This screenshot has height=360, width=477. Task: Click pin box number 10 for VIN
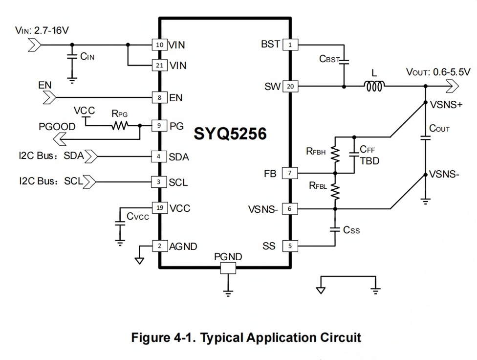pyautogui.click(x=160, y=45)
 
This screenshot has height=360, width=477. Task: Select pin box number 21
pyautogui.click(x=160, y=65)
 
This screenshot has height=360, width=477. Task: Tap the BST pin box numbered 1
pyautogui.click(x=290, y=45)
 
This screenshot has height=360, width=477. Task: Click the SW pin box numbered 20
pyautogui.click(x=290, y=86)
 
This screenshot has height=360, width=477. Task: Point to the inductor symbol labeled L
pyautogui.click(x=374, y=86)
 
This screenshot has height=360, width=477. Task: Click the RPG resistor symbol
pyautogui.click(x=120, y=125)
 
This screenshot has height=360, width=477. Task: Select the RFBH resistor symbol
pyautogui.click(x=335, y=155)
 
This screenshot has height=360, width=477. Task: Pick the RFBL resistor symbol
pyautogui.click(x=335, y=191)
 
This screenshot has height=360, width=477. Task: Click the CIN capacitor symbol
pyautogui.click(x=72, y=56)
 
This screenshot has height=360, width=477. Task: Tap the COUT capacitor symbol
pyautogui.click(x=425, y=137)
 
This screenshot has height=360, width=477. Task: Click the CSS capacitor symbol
pyautogui.click(x=335, y=229)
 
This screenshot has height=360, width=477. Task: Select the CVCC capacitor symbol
pyautogui.click(x=120, y=223)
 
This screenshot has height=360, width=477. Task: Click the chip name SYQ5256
pyautogui.click(x=230, y=134)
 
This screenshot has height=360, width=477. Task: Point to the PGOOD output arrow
pyautogui.click(x=60, y=139)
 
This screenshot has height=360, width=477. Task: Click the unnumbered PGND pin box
pyautogui.click(x=228, y=269)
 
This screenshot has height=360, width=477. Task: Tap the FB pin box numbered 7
pyautogui.click(x=290, y=173)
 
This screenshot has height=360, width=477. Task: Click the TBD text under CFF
pyautogui.click(x=369, y=161)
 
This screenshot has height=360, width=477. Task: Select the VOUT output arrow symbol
pyautogui.click(x=452, y=86)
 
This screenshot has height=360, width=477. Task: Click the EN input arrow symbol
pyautogui.click(x=49, y=98)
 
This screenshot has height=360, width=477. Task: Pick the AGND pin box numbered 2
pyautogui.click(x=160, y=246)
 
